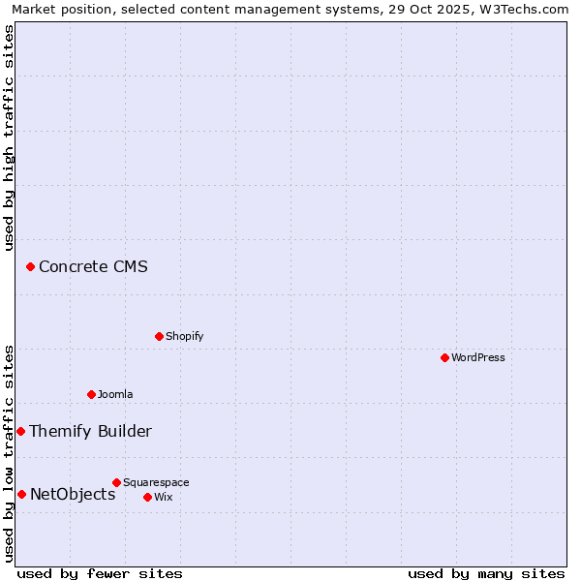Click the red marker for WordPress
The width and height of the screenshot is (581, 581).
[x=444, y=357]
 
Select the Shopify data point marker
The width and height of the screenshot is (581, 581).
[x=159, y=336]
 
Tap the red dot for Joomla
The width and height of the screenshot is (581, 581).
[x=91, y=394]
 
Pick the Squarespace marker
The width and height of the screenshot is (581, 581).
[x=116, y=482]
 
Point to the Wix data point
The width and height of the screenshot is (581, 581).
[x=147, y=497]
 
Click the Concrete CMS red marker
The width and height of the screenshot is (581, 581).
[x=30, y=266]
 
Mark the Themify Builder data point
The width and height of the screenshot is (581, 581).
[x=20, y=431]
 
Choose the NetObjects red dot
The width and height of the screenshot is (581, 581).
[x=21, y=494]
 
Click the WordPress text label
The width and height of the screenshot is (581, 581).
[x=478, y=357]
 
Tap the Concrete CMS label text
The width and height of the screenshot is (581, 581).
[x=93, y=266]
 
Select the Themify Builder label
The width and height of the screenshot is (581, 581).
[x=90, y=431]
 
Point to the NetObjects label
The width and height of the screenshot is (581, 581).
[x=73, y=494]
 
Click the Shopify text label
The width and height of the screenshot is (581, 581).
[x=184, y=336]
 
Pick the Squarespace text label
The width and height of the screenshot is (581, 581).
[x=156, y=482]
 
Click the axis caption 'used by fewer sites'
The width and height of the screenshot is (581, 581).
[x=100, y=573]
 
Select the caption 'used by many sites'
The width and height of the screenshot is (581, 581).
[x=486, y=573]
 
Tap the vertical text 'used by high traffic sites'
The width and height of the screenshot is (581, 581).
[x=9, y=138]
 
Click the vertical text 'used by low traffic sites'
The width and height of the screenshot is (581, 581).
[x=9, y=453]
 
